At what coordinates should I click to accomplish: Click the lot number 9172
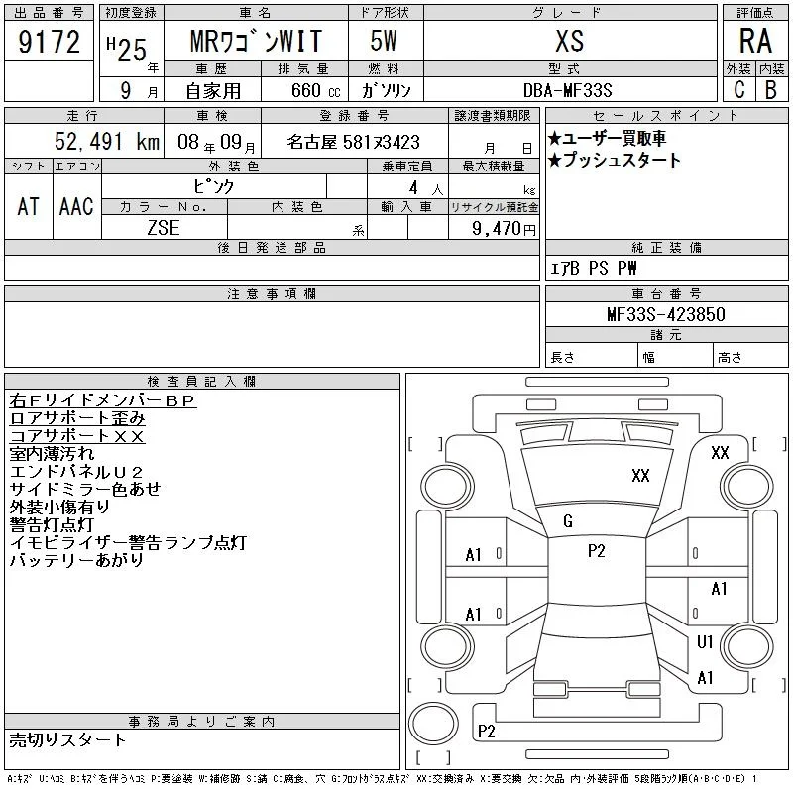click(49, 42)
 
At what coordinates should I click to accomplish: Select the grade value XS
click(570, 41)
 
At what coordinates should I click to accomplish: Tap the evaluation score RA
click(755, 41)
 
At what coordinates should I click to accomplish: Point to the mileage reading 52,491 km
click(107, 142)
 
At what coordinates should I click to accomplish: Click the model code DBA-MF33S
click(567, 90)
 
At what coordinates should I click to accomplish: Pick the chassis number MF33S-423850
click(666, 314)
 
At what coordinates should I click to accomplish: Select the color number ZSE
click(164, 228)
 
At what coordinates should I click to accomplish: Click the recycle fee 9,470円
click(504, 229)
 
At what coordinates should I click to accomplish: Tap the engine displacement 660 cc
click(315, 90)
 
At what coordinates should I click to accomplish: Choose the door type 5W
click(384, 41)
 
